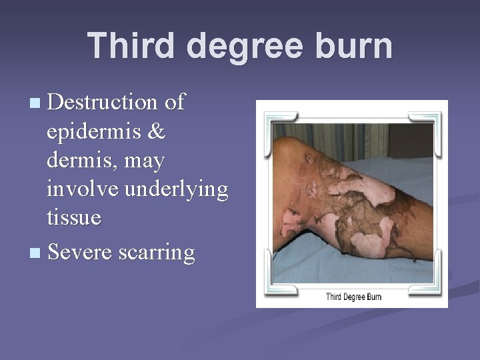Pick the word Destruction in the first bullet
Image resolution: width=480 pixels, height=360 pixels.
point(101,103)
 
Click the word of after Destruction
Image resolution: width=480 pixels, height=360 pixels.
point(175,103)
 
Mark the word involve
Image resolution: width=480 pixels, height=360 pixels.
point(84,189)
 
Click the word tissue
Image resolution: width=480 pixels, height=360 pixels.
point(74,217)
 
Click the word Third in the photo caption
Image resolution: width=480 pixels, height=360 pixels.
point(335,297)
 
